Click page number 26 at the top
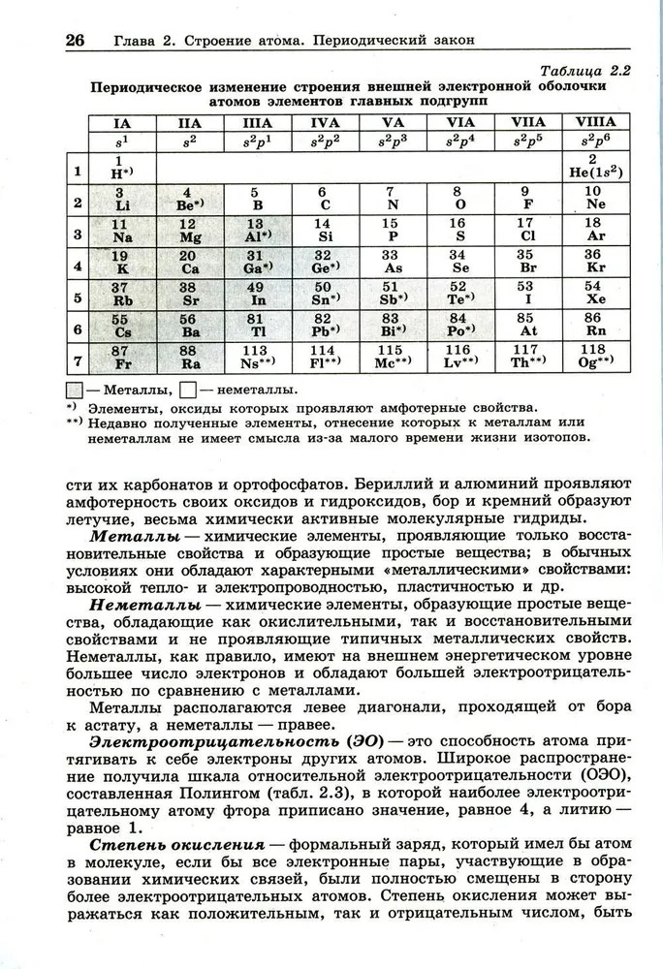[76, 41]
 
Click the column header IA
[122, 123]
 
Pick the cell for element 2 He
[595, 167]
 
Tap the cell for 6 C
[325, 199]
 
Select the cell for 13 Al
[257, 230]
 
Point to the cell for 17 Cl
[527, 230]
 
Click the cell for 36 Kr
[594, 262]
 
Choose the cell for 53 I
[527, 294]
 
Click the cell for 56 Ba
[189, 326]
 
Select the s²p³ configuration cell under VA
[393, 141]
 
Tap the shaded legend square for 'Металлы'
[73, 390]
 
